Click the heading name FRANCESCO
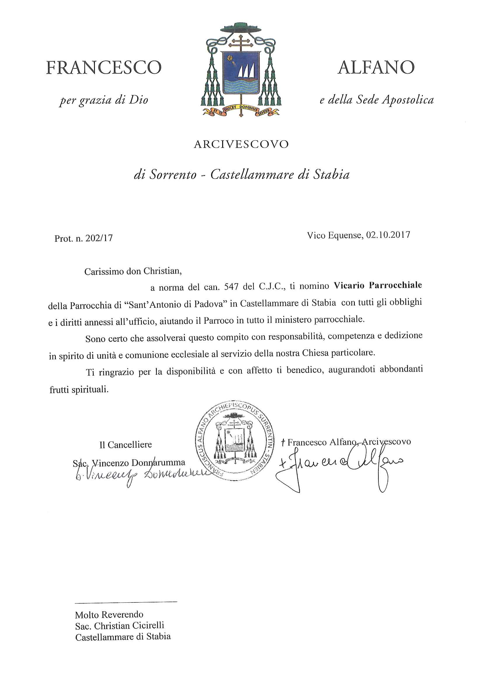click(x=104, y=68)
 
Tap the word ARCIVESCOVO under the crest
click(x=241, y=144)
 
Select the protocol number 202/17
click(x=99, y=238)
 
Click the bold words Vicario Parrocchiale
click(x=378, y=285)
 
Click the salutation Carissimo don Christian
click(x=133, y=271)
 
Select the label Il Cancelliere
click(x=125, y=445)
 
